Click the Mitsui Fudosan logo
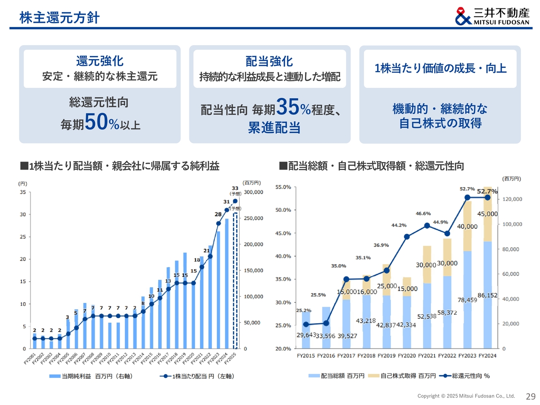pyautogui.click(x=492, y=16)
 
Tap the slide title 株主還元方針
pyautogui.click(x=59, y=18)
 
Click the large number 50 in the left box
pyautogui.click(x=96, y=122)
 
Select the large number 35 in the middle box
pyautogui.click(x=288, y=107)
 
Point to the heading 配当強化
pyautogui.click(x=269, y=61)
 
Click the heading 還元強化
pyautogui.click(x=100, y=61)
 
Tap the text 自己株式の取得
pyautogui.click(x=440, y=123)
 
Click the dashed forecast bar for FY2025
pyautogui.click(x=235, y=281)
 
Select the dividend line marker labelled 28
pyautogui.click(x=219, y=223)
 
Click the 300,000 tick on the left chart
pyautogui.click(x=253, y=192)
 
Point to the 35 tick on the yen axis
pyautogui.click(x=23, y=192)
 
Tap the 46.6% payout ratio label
pyautogui.click(x=423, y=213)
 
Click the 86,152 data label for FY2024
pyautogui.click(x=487, y=295)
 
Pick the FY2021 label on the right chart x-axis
pyautogui.click(x=427, y=356)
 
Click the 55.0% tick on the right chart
pyautogui.click(x=283, y=187)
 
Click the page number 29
pyautogui.click(x=530, y=396)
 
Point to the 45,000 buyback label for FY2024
pyautogui.click(x=487, y=214)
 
